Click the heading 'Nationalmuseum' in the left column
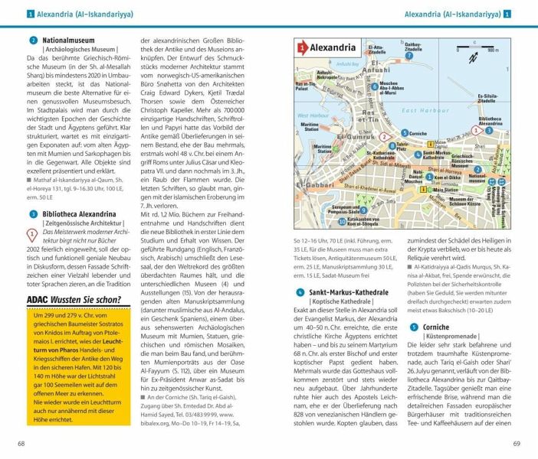click(x=67, y=40)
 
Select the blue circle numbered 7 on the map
click(x=410, y=56)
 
